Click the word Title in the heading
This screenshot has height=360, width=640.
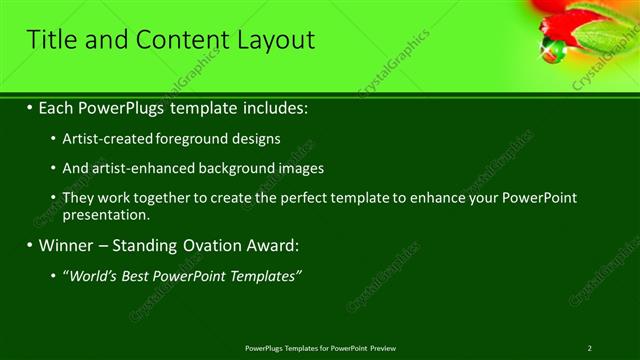(x=52, y=40)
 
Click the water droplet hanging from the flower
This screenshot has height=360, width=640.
(x=549, y=53)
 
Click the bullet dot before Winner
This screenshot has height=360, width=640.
(x=29, y=245)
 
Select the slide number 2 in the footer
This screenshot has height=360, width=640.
(x=590, y=348)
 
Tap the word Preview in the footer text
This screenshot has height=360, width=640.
(x=383, y=348)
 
